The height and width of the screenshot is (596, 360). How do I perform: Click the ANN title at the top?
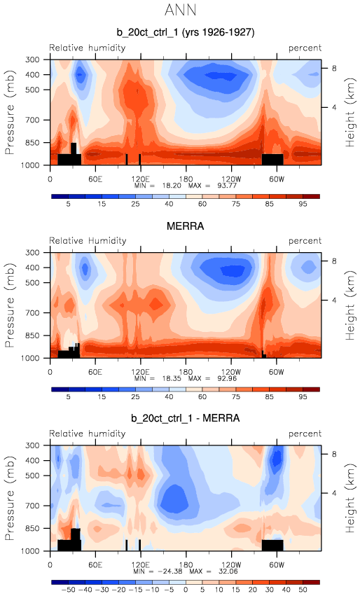coord(181,10)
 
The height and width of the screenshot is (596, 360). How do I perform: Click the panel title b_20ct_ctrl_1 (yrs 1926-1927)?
coord(186,32)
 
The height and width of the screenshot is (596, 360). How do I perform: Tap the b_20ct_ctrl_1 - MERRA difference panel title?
coord(186,419)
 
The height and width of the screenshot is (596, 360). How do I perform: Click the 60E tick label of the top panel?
coord(95,179)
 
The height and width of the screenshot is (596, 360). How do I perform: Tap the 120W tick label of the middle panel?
coord(230,372)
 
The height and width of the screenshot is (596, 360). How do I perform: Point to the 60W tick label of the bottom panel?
coord(277,564)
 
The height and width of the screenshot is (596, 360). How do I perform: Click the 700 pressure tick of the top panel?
coord(32,120)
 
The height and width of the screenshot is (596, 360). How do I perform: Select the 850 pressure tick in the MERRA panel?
coord(32,335)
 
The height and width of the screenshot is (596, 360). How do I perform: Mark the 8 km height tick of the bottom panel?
coord(334,454)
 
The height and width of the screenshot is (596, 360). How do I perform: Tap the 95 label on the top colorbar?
coord(303,204)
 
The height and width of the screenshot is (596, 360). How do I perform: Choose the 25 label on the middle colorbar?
coord(135,397)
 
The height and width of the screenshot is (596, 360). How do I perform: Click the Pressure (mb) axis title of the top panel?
coord(10,112)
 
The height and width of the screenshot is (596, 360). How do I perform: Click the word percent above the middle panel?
coord(305,241)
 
